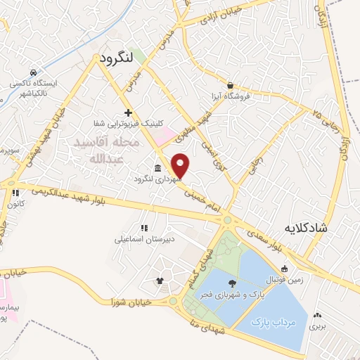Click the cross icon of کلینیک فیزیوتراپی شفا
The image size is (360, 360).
pyautogui.click(x=128, y=112)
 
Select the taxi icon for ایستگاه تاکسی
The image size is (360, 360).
pyautogui.click(x=33, y=72)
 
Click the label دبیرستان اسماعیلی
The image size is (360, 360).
pyautogui.click(x=141, y=239)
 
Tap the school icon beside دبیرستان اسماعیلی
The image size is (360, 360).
pyautogui.click(x=144, y=228)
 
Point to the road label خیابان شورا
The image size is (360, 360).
pyautogui.click(x=131, y=301)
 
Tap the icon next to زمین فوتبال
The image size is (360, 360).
pyautogui.click(x=284, y=268)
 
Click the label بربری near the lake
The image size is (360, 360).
pyautogui.click(x=320, y=326)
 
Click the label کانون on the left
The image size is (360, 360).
pyautogui.click(x=15, y=204)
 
